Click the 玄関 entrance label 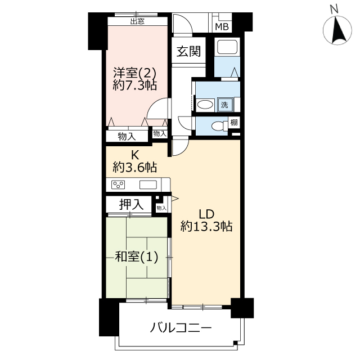pos(188,51)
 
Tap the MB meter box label pos(222,27)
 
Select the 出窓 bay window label pos(137,21)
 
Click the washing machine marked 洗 pos(224,105)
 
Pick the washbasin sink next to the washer pos(205,105)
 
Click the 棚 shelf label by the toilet pos(234,122)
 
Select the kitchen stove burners pos(118,184)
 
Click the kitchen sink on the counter pos(148,184)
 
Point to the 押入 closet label pos(131,204)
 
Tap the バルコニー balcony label pos(181,327)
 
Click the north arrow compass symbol pos(337,30)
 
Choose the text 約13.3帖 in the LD pos(206,226)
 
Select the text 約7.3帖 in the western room pos(135,85)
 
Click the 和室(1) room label pos(136,256)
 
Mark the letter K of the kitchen pos(135,155)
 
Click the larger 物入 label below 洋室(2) pos(127,137)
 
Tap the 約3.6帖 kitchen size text pos(135,167)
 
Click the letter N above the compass pos(334,9)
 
